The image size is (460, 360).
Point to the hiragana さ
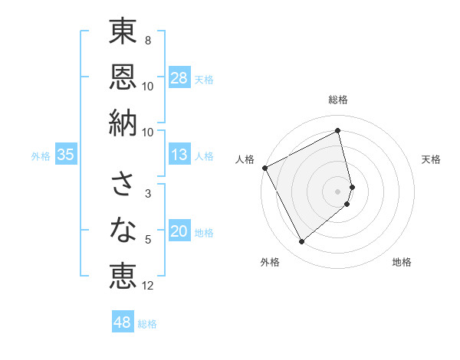click(x=123, y=184)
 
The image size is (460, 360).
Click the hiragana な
click(x=123, y=229)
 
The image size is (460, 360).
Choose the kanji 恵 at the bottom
click(x=123, y=274)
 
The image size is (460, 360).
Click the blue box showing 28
click(x=179, y=78)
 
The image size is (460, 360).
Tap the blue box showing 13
click(x=179, y=155)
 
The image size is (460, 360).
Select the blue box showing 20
click(x=179, y=232)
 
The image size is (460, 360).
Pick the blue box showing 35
click(x=66, y=155)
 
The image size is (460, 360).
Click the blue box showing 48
click(x=123, y=322)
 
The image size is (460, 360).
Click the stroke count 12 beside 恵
click(x=148, y=286)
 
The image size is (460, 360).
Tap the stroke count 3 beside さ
click(x=147, y=194)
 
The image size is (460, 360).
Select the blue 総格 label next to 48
click(x=147, y=324)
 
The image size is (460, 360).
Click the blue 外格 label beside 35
click(x=41, y=156)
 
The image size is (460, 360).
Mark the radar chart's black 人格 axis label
click(x=245, y=159)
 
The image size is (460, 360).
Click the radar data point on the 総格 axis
click(x=338, y=130)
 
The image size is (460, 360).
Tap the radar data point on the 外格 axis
click(x=301, y=242)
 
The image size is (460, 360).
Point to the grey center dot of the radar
click(x=338, y=191)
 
